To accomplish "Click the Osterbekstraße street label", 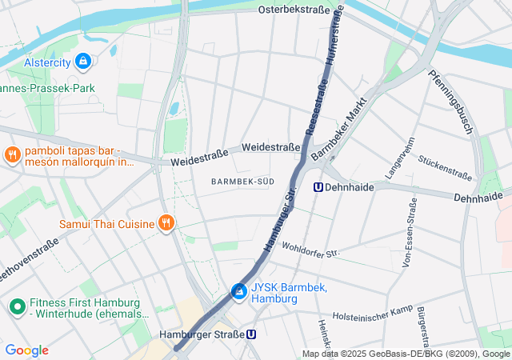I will coord(295,10).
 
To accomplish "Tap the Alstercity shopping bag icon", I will coord(82,61).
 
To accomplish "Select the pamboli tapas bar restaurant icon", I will coord(12,155).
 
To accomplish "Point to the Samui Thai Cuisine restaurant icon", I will coord(166,223).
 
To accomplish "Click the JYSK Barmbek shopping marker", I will coord(238,292).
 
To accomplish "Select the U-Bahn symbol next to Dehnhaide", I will coord(318,187).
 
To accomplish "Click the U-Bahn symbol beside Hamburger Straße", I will coord(252,335).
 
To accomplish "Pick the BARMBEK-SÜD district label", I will coord(242,182).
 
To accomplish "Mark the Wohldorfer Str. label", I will coord(310,250).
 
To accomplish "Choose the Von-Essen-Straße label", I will coord(408,236).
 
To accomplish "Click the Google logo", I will coord(26,350).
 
